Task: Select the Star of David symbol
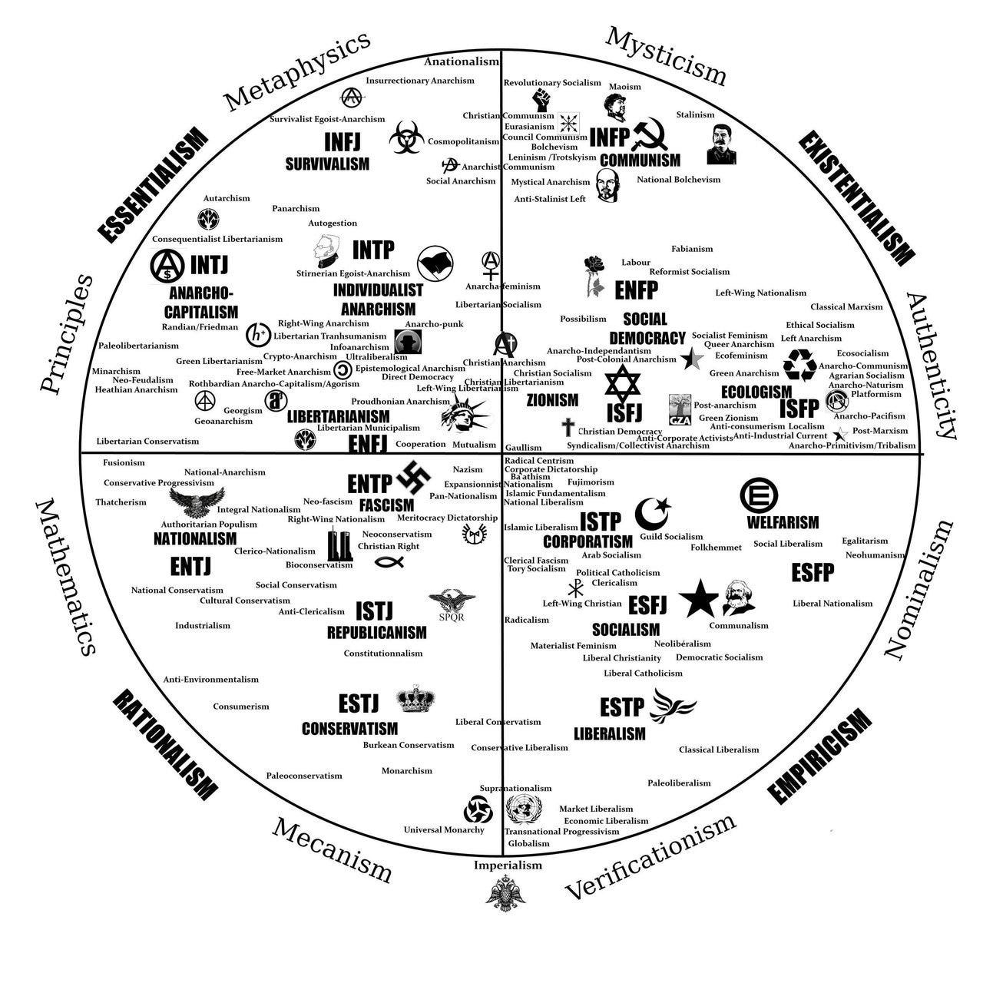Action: click(621, 383)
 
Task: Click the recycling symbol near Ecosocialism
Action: click(800, 365)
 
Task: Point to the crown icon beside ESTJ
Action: click(415, 699)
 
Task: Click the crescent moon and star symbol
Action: click(652, 513)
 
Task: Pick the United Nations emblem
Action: click(525, 809)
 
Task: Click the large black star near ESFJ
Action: click(698, 598)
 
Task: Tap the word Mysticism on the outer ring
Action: click(666, 55)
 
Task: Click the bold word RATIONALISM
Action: click(164, 743)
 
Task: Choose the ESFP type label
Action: click(813, 572)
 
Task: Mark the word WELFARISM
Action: click(783, 522)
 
